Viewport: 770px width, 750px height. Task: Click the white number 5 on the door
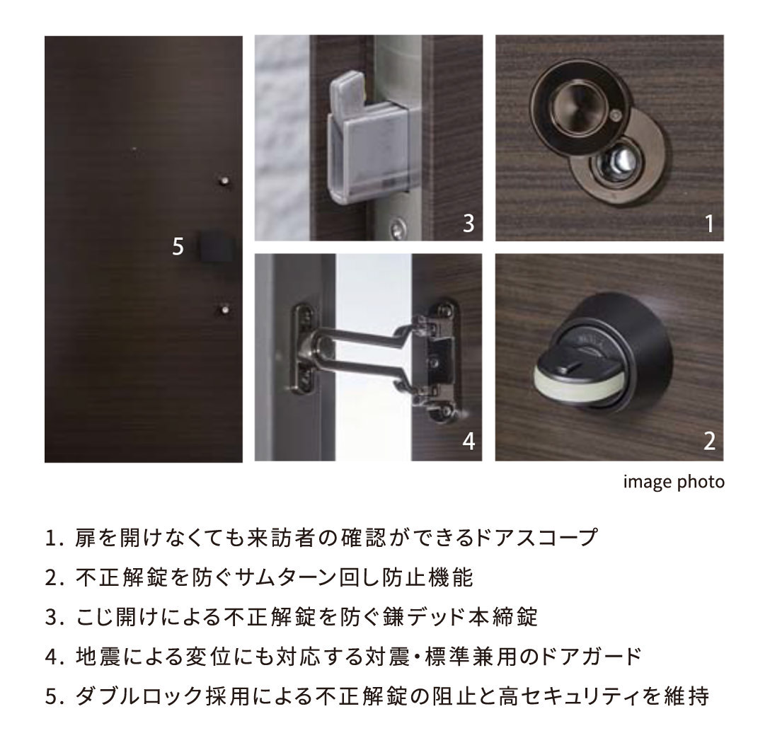pos(178,246)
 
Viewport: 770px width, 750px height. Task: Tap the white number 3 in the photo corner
pos(468,224)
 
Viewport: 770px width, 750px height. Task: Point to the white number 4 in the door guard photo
pos(469,442)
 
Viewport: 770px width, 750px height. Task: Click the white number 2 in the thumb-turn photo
pos(709,442)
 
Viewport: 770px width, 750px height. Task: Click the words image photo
pos(673,483)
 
